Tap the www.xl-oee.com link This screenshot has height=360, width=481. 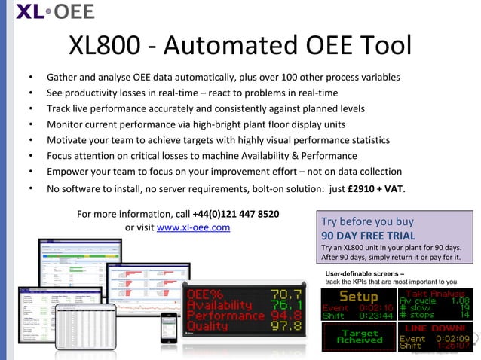193,227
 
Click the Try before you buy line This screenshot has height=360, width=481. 367,221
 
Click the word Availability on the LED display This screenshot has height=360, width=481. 219,305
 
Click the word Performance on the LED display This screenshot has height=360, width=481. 225,316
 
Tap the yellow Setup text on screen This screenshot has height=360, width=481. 358,297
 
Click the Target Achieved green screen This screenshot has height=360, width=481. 359,336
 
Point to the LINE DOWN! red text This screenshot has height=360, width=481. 437,329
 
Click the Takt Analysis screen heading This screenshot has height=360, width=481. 440,292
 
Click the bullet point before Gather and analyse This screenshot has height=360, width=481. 30,78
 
